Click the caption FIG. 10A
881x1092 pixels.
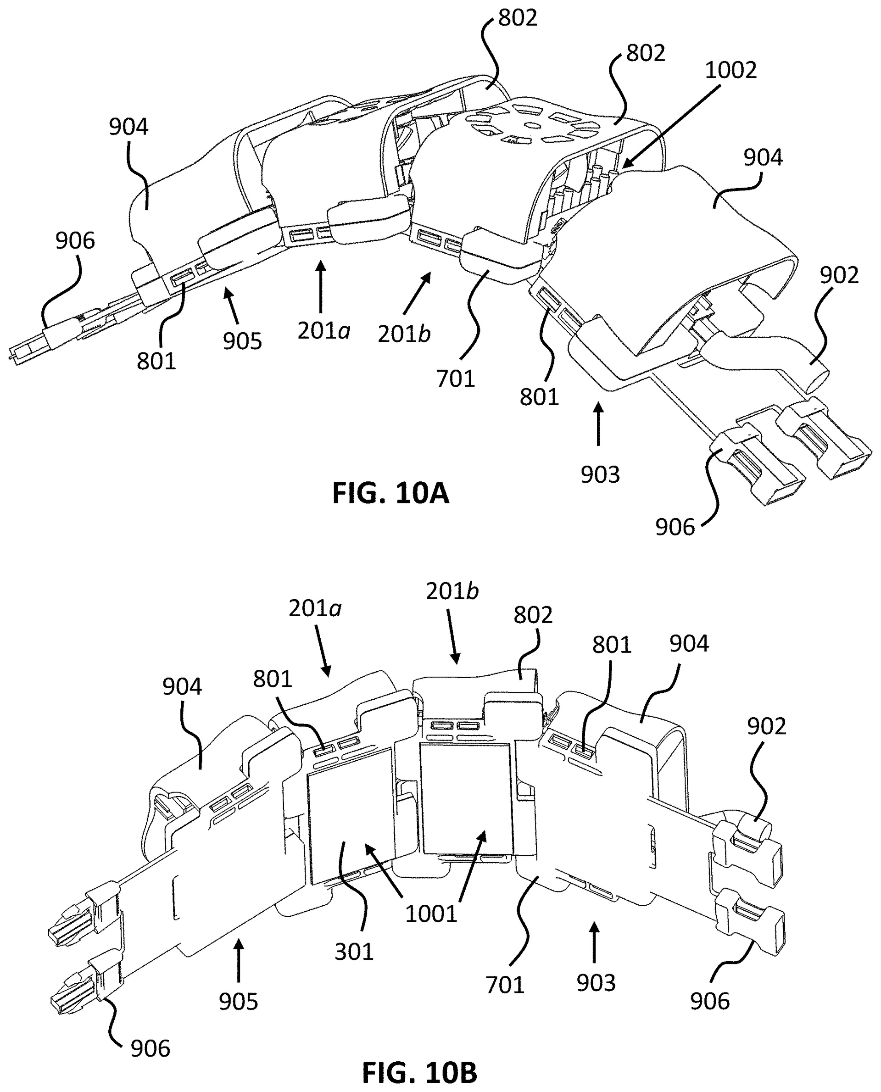pyautogui.click(x=390, y=493)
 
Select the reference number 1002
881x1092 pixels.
pyautogui.click(x=731, y=70)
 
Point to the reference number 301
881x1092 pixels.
pyautogui.click(x=354, y=952)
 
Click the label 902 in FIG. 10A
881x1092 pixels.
pyautogui.click(x=839, y=275)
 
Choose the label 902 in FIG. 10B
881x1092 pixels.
pyautogui.click(x=766, y=727)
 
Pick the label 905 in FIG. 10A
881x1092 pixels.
pyautogui.click(x=243, y=341)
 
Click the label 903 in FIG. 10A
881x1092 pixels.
pyautogui.click(x=600, y=474)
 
